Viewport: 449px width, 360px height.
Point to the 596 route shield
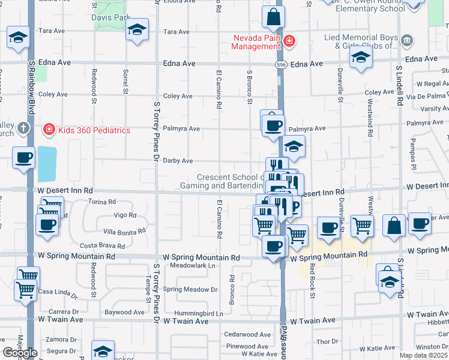point(280,64)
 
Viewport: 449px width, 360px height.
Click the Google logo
point(20,353)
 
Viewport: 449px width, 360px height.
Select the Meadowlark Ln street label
point(192,265)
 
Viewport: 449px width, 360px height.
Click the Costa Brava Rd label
point(103,245)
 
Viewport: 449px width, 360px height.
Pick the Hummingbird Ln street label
point(199,313)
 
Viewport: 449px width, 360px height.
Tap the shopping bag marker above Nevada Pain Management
point(273,18)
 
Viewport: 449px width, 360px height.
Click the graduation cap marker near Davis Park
point(137,30)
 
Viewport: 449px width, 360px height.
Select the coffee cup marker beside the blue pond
point(24,158)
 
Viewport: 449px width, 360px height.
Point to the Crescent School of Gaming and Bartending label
point(231,181)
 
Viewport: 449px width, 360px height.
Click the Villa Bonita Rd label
point(124,231)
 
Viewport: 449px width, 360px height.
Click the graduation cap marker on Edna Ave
point(361,58)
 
